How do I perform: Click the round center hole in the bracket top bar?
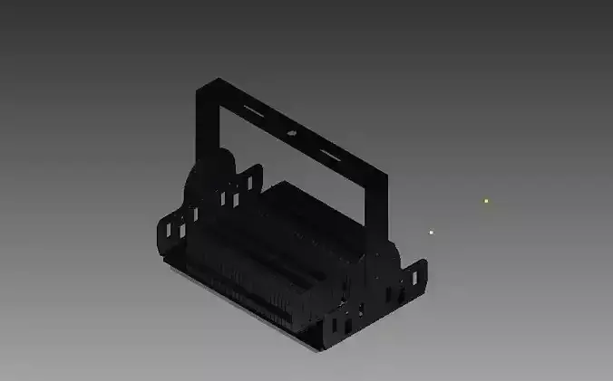(292, 132)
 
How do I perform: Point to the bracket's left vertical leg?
(206, 127)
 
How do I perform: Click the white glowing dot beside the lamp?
(432, 232)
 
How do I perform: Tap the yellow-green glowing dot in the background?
(486, 200)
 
